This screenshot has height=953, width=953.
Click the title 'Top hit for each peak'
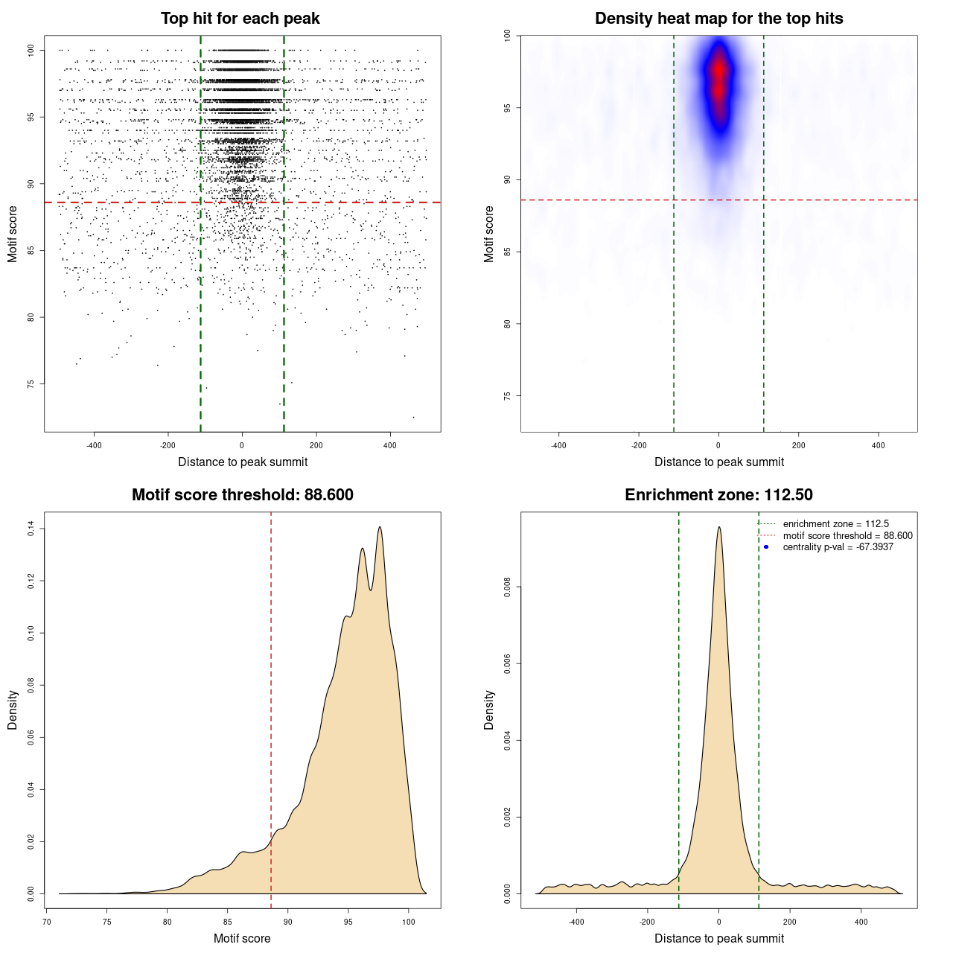(240, 19)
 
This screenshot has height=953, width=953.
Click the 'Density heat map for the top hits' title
(718, 19)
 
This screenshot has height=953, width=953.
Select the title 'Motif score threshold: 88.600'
(242, 495)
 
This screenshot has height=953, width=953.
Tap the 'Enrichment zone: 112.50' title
(718, 495)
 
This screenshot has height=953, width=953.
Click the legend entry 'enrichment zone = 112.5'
(835, 524)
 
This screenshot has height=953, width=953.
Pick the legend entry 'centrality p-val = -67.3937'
(838, 547)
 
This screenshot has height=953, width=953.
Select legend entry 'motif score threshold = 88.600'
(847, 536)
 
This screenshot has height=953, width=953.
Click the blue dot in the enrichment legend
(766, 547)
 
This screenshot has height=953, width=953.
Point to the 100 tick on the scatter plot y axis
(31, 50)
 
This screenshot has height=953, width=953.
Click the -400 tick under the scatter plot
(94, 445)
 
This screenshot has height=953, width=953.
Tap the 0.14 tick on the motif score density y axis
(31, 529)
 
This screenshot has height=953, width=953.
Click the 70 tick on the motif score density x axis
(47, 922)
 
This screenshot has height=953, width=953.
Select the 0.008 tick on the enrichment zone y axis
(508, 587)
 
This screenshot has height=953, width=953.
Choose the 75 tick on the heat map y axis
(508, 395)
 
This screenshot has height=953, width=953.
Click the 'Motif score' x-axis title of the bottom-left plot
(242, 938)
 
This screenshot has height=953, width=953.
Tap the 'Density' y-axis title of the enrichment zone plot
(489, 710)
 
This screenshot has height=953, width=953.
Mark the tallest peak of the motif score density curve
(380, 527)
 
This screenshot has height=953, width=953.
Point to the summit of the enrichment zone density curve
(718, 527)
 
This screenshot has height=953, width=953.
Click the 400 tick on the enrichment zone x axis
(861, 922)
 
